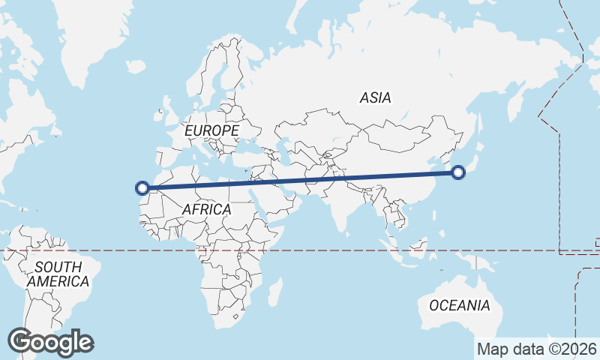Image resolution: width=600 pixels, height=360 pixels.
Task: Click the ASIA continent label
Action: (x=375, y=97)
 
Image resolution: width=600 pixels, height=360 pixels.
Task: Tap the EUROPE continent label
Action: (x=211, y=131)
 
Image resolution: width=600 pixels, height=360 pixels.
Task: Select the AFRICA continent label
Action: (x=206, y=210)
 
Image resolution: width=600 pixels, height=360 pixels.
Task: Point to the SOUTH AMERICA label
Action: (x=58, y=274)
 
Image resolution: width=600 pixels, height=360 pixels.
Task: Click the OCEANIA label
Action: (x=460, y=305)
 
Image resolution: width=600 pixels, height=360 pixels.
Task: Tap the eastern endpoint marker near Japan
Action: (x=459, y=173)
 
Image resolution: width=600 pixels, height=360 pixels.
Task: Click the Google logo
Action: (x=50, y=341)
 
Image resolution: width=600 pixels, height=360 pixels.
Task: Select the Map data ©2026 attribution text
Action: (x=537, y=349)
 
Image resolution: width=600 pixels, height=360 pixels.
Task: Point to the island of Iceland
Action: (x=136, y=67)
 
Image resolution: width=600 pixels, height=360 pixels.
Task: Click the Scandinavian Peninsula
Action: (x=217, y=71)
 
